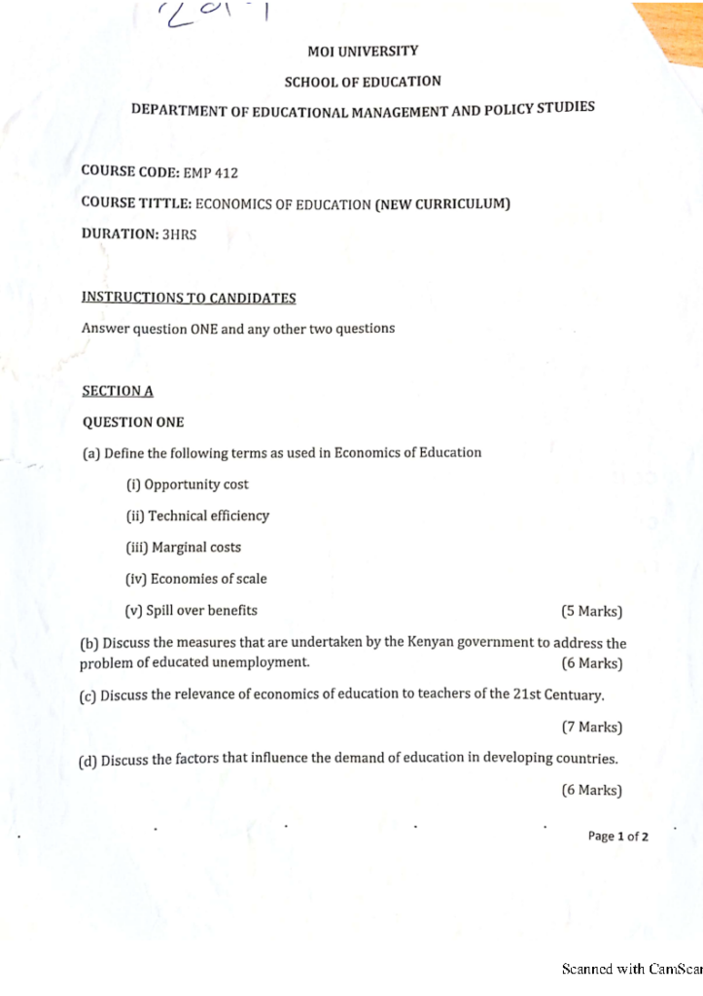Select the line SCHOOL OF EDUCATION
point(362,83)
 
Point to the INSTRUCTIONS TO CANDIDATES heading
point(189,297)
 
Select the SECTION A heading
point(118,390)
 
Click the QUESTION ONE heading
point(133,422)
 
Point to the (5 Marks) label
point(591,612)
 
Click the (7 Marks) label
point(591,727)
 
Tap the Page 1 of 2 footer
point(617,836)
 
